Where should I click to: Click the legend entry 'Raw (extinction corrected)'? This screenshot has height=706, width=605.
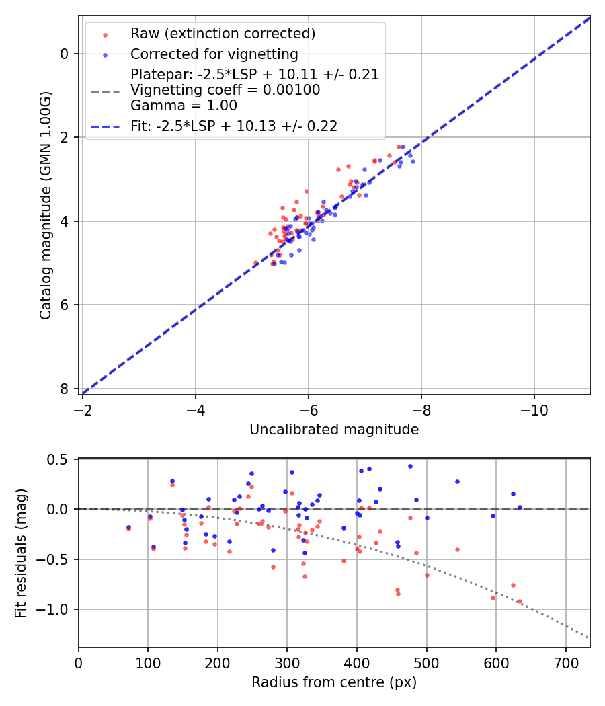223,34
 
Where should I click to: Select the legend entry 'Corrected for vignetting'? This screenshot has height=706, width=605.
214,54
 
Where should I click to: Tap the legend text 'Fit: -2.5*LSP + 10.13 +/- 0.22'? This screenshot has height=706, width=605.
233,126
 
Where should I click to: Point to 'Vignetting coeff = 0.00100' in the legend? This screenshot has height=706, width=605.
225,90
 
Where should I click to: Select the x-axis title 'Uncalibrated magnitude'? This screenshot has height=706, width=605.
334,430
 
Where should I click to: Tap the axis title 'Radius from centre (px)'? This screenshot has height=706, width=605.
334,682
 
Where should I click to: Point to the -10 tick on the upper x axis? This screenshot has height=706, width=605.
534,409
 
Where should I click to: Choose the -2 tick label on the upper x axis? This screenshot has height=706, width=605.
83,409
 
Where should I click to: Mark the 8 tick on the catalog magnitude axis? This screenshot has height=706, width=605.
65,389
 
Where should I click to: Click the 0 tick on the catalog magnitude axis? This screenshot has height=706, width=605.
65,54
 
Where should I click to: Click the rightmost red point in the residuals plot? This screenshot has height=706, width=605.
520,602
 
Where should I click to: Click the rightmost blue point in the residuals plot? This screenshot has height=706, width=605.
520,507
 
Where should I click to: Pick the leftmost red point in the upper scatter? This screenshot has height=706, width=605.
255,262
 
